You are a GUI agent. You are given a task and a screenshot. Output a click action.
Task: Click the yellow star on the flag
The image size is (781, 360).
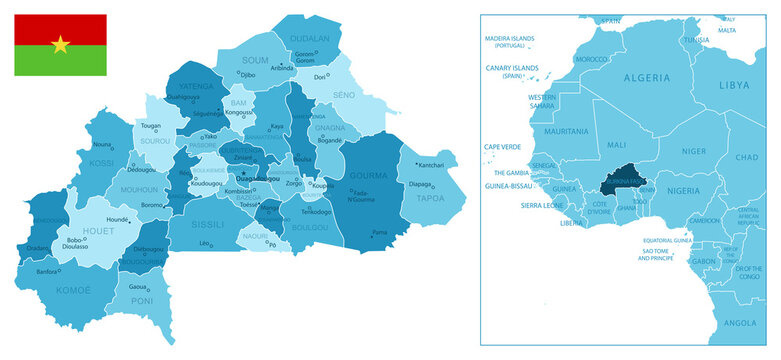point(60,44)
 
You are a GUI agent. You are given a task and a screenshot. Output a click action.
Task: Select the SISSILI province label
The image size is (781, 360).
point(209,224)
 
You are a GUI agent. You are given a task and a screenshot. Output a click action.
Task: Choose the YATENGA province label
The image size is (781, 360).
point(196,86)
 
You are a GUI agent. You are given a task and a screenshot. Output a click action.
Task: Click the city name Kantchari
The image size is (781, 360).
point(431,165)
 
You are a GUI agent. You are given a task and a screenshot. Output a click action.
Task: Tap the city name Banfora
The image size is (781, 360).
point(47,271)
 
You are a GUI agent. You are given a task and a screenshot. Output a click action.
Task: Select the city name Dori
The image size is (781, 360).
point(321,77)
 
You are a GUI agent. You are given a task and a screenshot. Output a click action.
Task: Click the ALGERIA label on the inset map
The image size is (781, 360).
point(646,77)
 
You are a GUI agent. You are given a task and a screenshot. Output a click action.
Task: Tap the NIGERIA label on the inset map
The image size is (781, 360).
point(684,191)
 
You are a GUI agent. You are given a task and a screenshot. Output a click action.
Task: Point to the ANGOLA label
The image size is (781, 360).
point(740,323)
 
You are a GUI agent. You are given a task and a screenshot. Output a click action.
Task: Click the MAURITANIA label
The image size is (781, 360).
point(566,131)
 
